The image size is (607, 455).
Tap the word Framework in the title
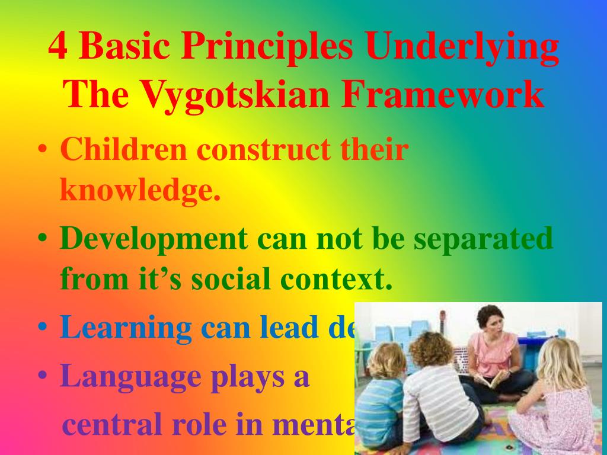[442, 95]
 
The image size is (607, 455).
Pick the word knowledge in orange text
[140, 190]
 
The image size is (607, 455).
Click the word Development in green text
[153, 239]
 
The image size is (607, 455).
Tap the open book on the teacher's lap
[491, 380]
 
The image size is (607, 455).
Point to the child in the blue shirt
[383, 403]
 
